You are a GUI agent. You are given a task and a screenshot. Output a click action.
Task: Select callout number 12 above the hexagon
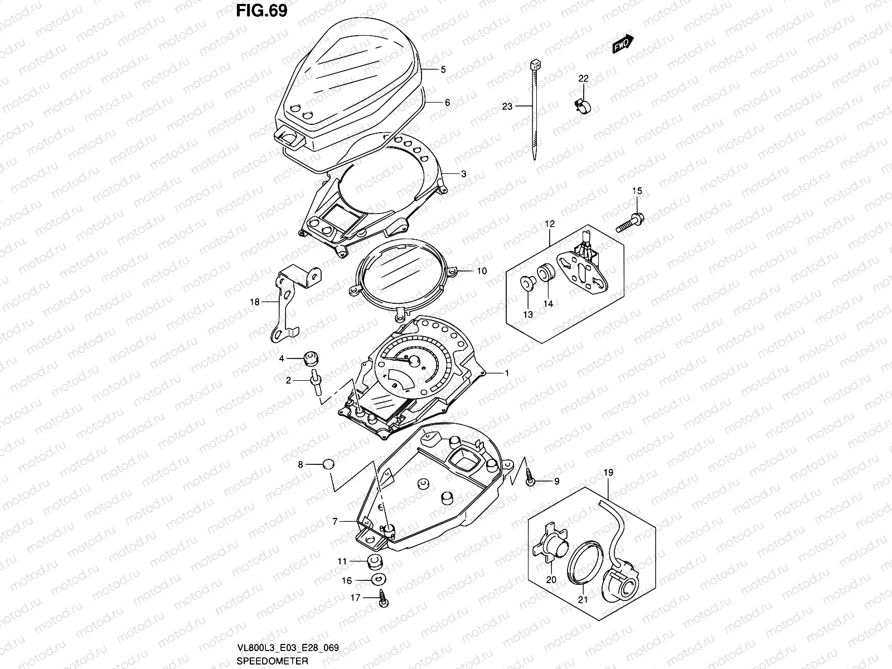(550, 224)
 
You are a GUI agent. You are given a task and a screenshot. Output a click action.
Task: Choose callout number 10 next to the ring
(482, 271)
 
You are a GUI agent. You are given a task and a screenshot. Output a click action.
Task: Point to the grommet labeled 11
(376, 561)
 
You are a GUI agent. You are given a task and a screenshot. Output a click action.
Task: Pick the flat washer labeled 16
(377, 580)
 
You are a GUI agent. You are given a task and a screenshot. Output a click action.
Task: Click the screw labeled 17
(384, 599)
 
